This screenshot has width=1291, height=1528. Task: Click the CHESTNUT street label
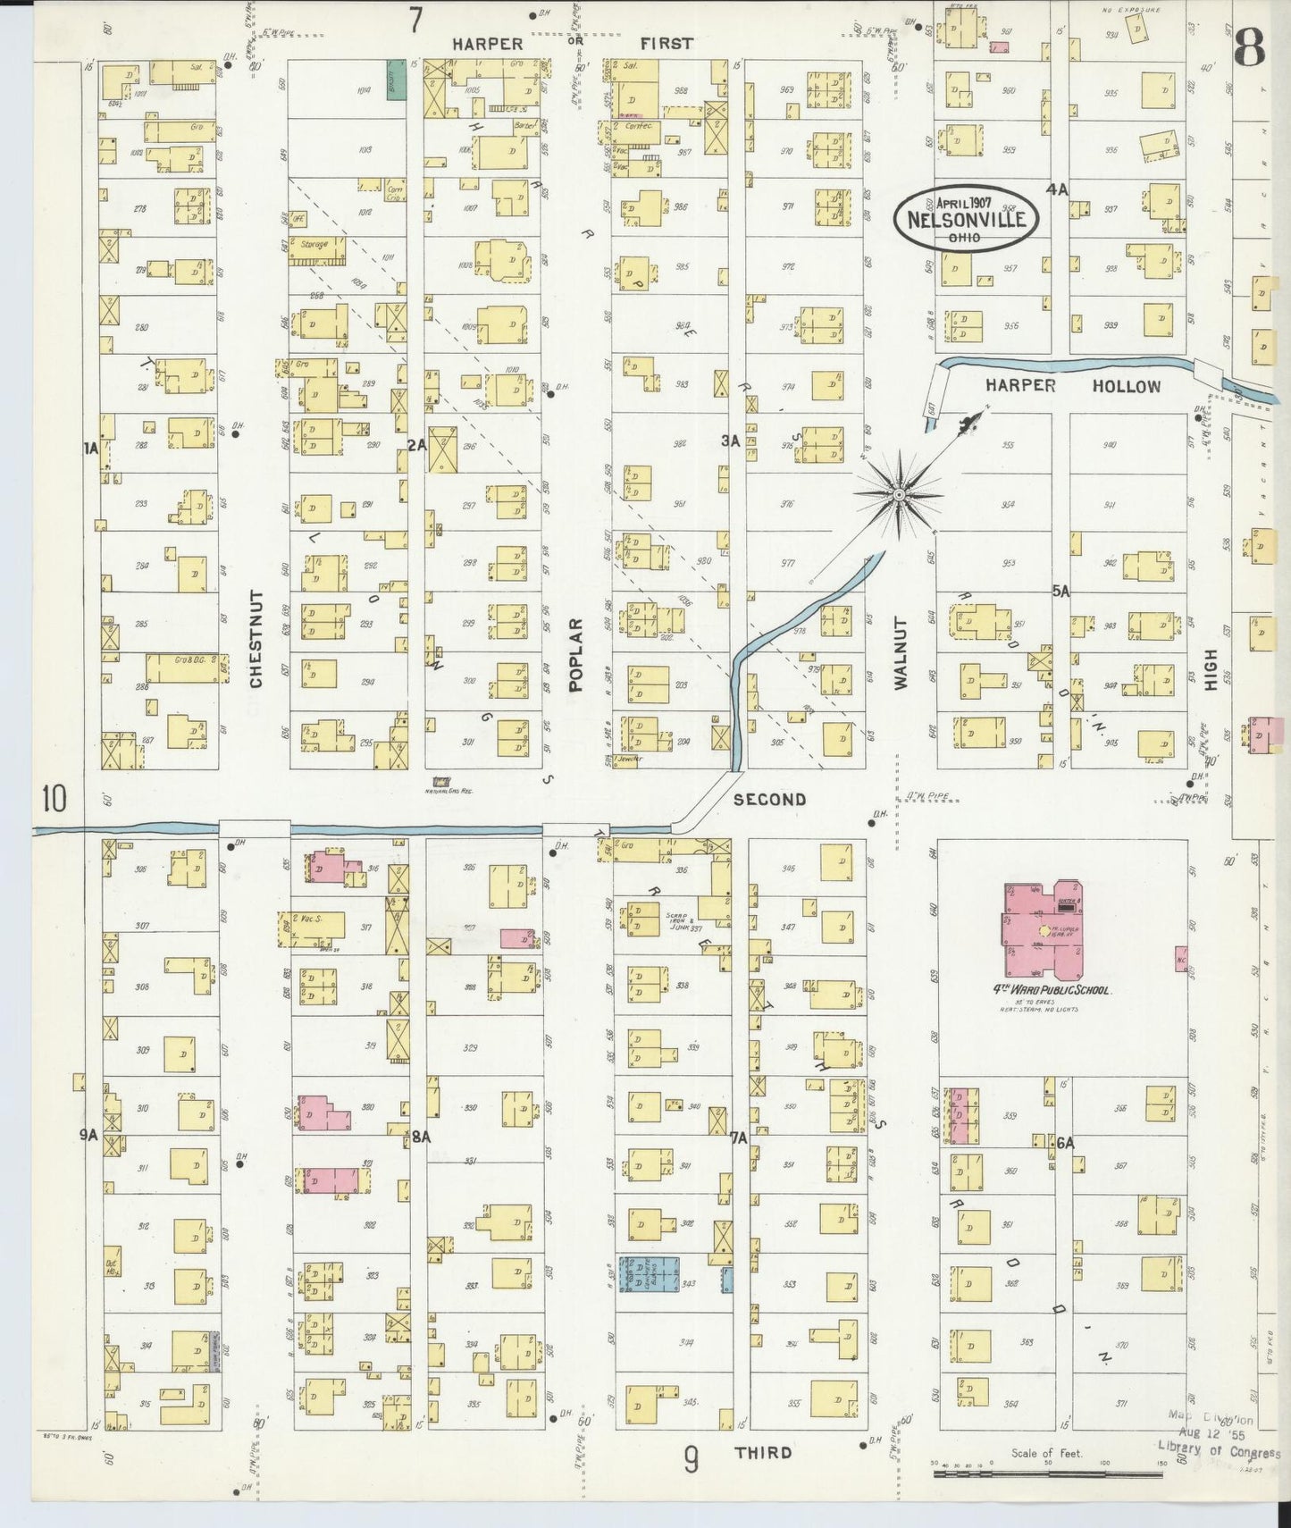pos(256,638)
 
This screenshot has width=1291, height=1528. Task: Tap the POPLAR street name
pos(575,655)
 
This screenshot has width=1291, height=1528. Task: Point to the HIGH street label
pos(1211,668)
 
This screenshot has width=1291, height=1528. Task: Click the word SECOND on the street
pos(769,800)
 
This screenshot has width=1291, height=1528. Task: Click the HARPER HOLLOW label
pos(1071,386)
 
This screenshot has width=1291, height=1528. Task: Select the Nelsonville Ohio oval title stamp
pos(967,217)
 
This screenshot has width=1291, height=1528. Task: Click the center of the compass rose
pos(899,493)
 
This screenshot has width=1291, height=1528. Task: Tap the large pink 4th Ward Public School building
pos(1043,929)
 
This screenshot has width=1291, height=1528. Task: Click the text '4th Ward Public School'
pos(1045,990)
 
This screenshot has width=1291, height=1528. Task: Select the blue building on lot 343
pos(650,1273)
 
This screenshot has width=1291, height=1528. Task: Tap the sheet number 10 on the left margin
pos(53,798)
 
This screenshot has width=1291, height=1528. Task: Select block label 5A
pos(1060,591)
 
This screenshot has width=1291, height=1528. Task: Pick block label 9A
pos(88,1135)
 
